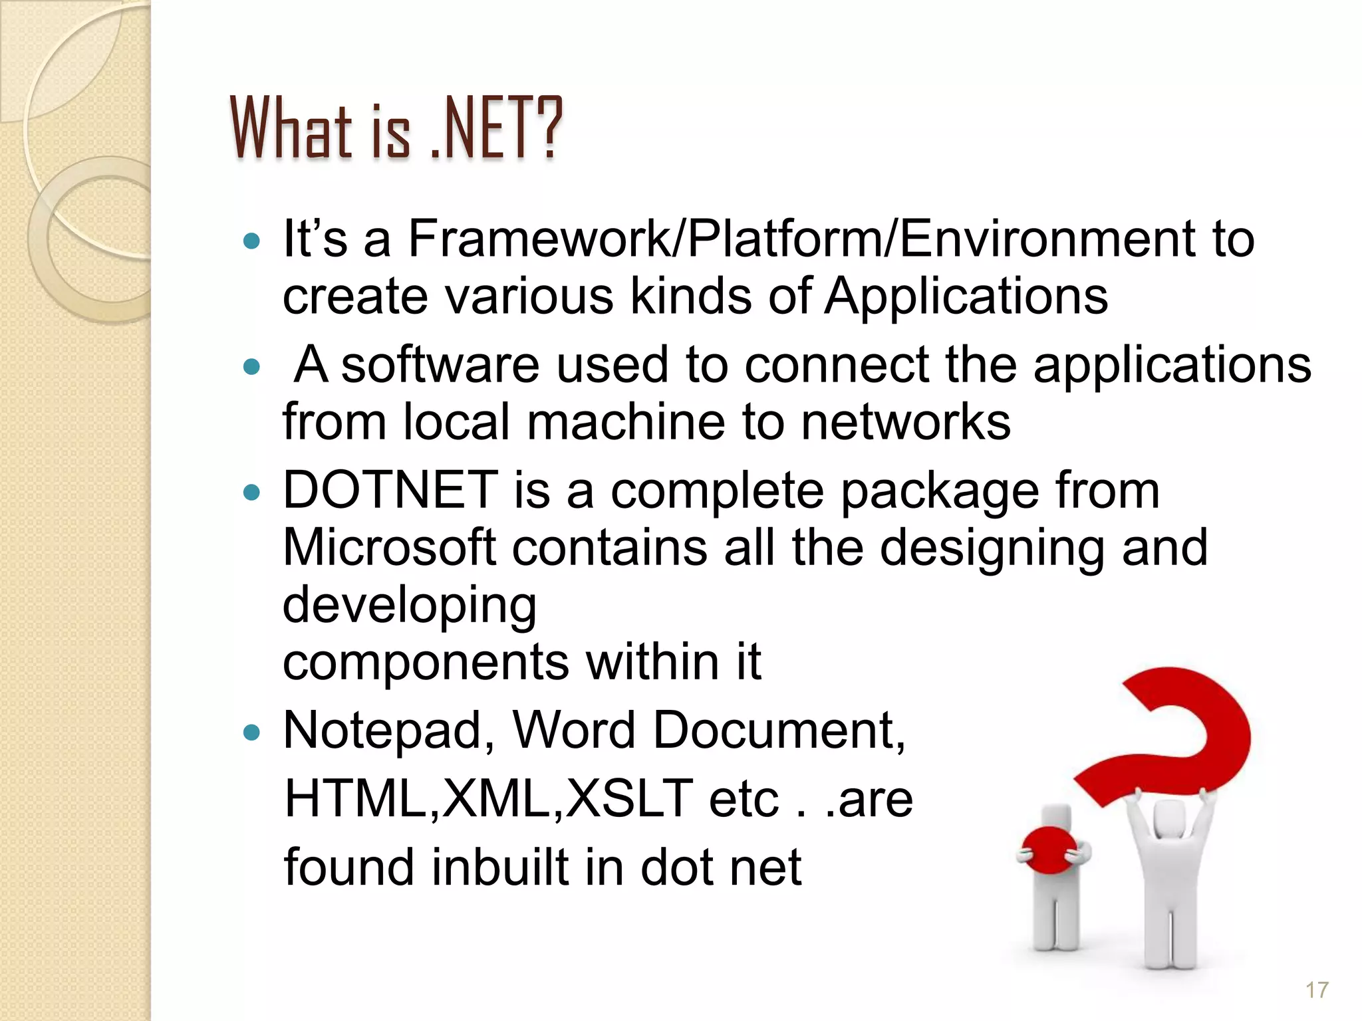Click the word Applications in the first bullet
coord(966,295)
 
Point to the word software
coord(440,365)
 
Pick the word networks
coord(905,422)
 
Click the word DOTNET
coord(390,490)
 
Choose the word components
coord(426,662)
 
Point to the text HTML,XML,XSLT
coord(489,798)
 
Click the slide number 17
coord(1317,990)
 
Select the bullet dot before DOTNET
coord(251,493)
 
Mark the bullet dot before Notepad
coord(251,733)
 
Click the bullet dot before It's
coord(251,241)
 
